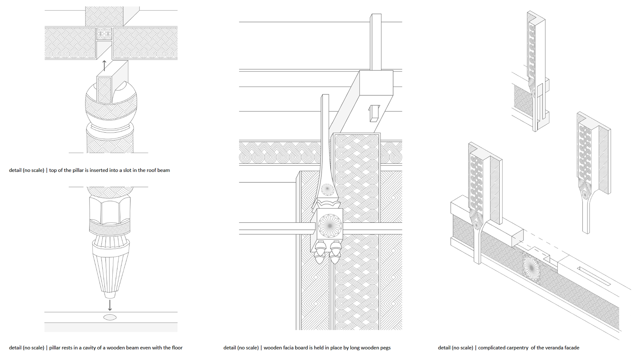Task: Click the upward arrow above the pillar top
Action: coord(104,65)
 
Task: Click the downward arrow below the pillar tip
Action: coord(110,305)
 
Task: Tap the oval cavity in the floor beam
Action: coord(110,317)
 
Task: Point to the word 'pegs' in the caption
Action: coord(384,348)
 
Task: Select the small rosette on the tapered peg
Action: coord(327,190)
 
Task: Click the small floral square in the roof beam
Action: coord(104,34)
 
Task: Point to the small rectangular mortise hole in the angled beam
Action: coord(373,113)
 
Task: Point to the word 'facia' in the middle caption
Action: coord(285,348)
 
